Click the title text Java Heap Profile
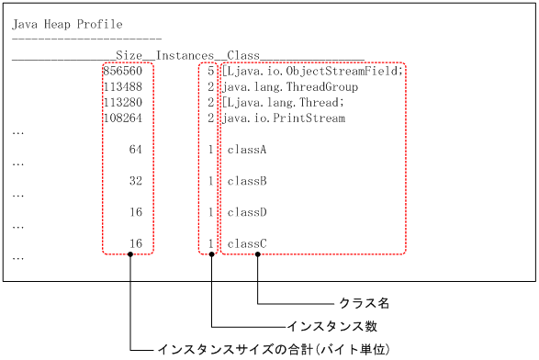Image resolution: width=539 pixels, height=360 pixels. (x=67, y=24)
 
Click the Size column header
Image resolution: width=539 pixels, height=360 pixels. (x=134, y=55)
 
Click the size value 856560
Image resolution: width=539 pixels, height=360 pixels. (x=123, y=71)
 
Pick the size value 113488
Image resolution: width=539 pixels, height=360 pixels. (x=123, y=86)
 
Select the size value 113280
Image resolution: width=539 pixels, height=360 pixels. (x=123, y=102)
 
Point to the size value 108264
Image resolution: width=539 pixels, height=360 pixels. (x=123, y=118)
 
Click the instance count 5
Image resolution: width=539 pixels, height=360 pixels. (x=211, y=71)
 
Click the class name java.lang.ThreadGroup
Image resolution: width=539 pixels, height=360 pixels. (x=290, y=86)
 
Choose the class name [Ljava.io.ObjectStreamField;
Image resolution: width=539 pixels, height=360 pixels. (x=312, y=71)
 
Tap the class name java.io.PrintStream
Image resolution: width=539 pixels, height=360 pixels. (x=284, y=118)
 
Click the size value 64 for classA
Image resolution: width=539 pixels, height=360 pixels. (x=136, y=149)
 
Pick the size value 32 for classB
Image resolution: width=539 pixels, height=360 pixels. (x=136, y=181)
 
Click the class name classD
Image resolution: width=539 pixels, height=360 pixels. (x=247, y=212)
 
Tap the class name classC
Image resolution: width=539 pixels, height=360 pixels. (x=247, y=243)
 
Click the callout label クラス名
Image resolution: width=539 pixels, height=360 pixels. (x=365, y=302)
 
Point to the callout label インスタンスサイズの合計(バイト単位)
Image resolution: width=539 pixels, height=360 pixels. (x=275, y=350)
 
